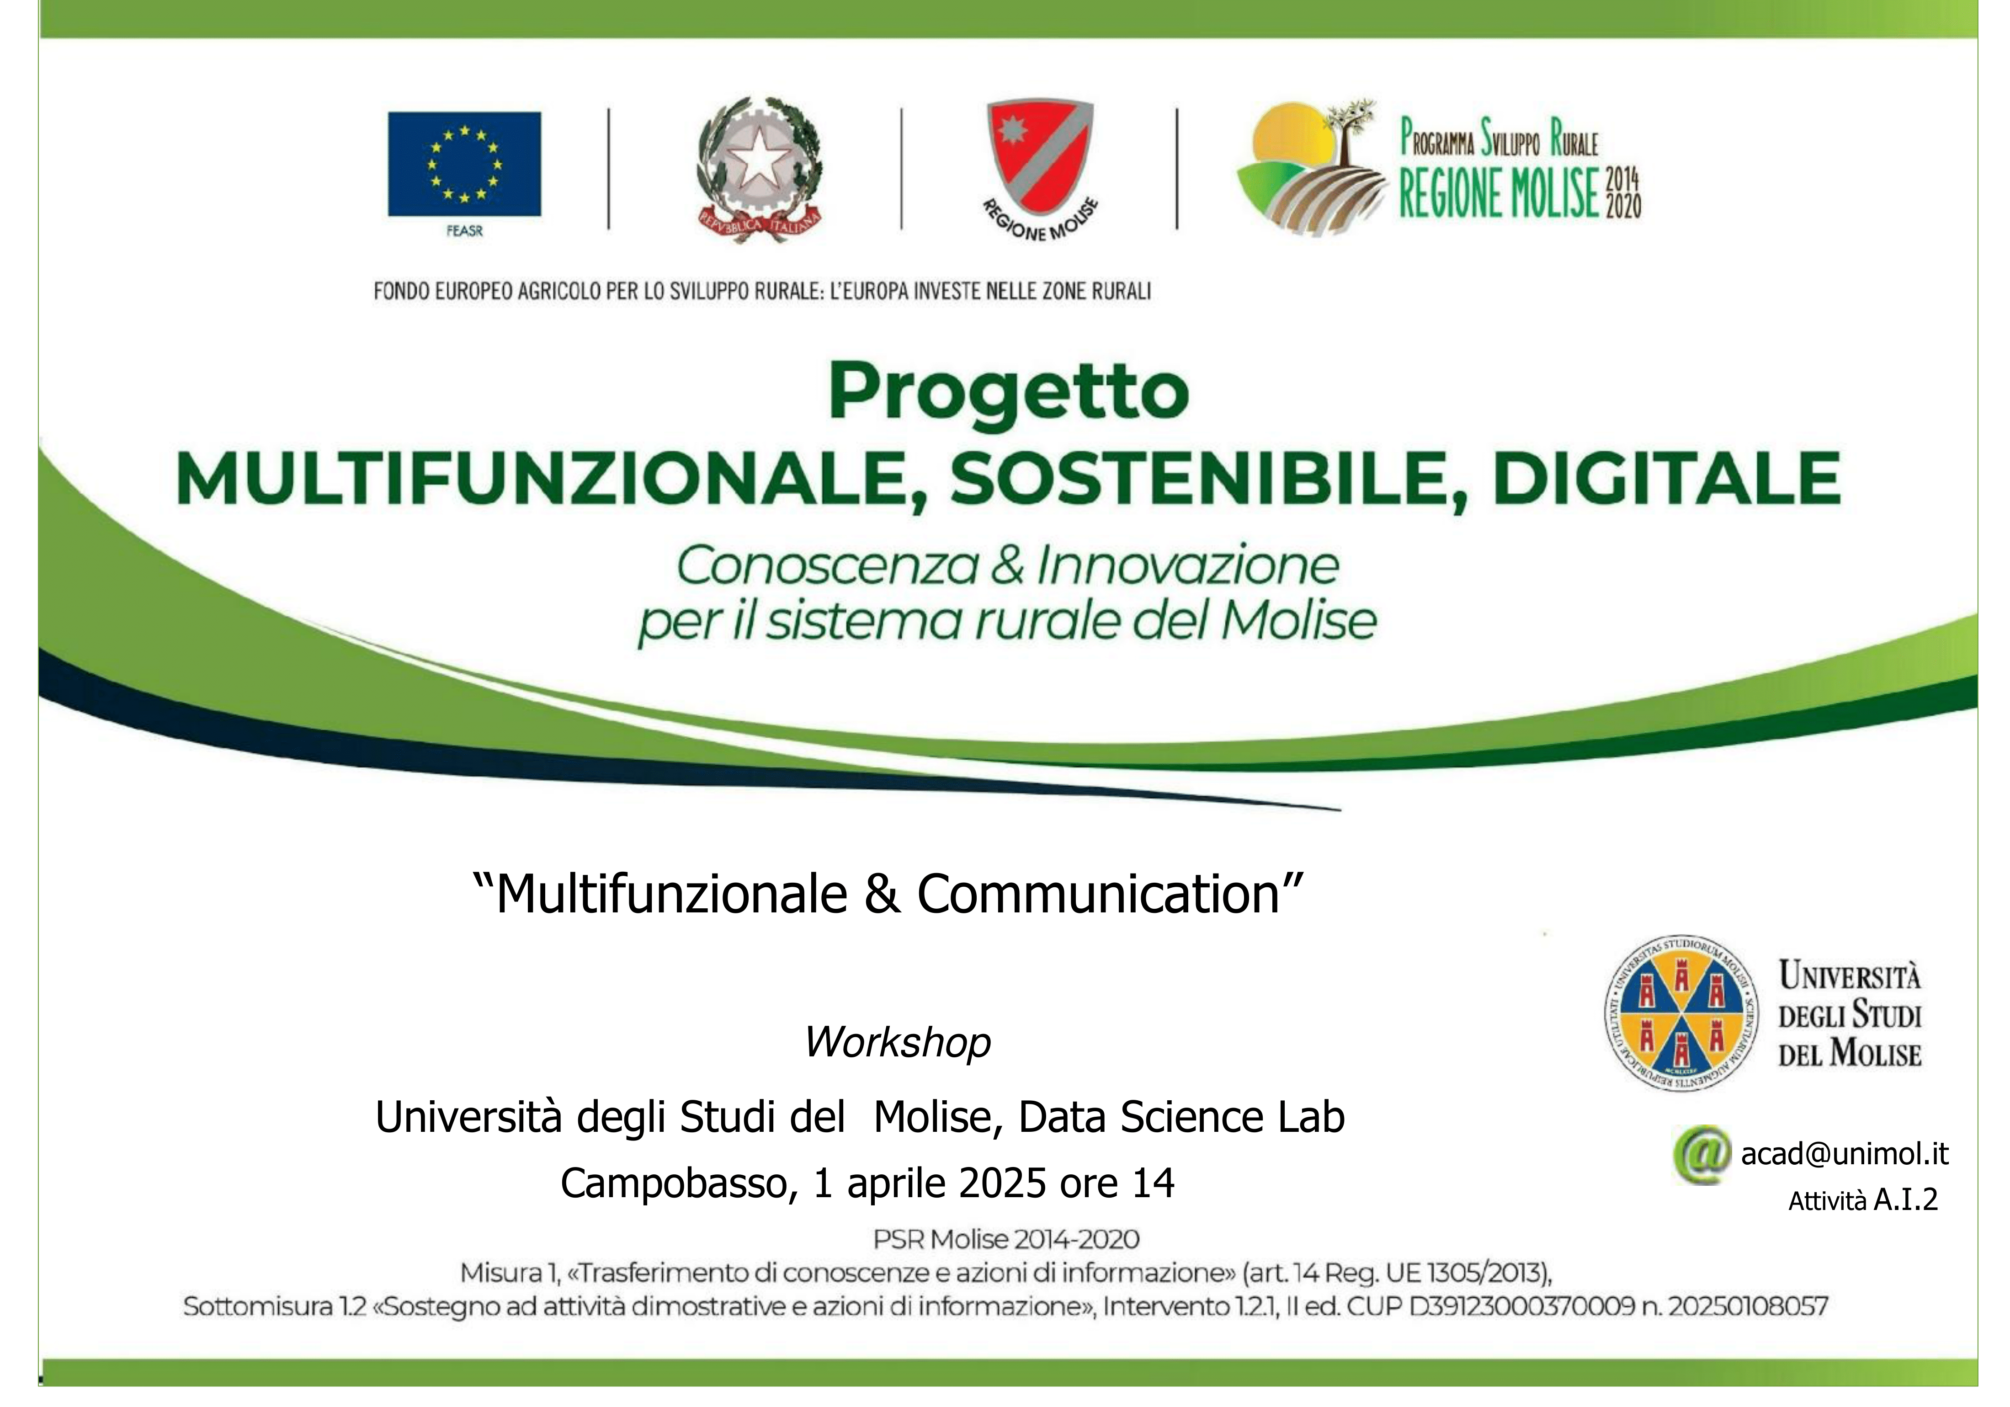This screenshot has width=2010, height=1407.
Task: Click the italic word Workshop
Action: point(897,1042)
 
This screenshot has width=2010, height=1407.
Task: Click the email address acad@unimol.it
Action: point(1845,1154)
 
